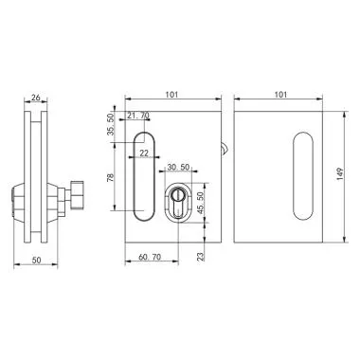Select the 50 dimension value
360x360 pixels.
pos(37,258)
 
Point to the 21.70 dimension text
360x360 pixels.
pos(137,116)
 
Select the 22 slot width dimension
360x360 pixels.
pos(145,152)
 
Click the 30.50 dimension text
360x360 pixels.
pos(177,168)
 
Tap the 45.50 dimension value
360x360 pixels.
pos(201,203)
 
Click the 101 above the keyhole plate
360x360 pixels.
pos(172,95)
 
